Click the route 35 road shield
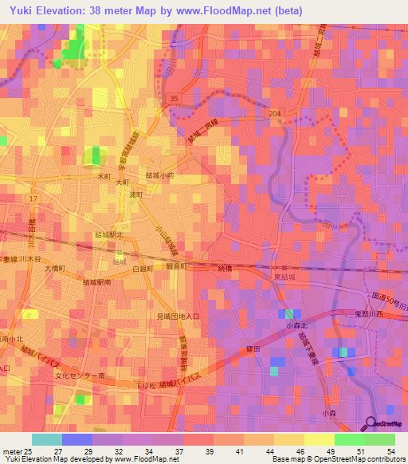pyautogui.click(x=174, y=97)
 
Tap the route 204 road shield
pyautogui.click(x=275, y=114)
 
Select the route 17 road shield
pyautogui.click(x=33, y=197)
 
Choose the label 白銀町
pyautogui.click(x=143, y=270)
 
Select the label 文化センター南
pyautogui.click(x=81, y=375)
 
